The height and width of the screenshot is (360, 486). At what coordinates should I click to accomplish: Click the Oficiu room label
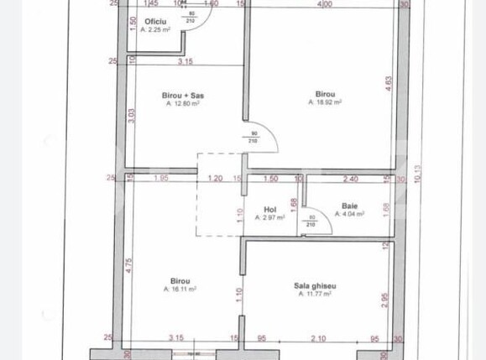(x=154, y=21)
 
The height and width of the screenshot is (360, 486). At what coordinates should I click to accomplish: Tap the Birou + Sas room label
(x=183, y=96)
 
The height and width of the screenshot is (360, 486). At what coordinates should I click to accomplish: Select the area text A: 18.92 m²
(x=324, y=103)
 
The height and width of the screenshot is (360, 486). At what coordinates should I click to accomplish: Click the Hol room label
(x=269, y=209)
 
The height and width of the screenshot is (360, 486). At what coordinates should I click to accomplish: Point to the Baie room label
(x=349, y=206)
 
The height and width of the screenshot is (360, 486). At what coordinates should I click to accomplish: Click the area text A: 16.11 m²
(x=180, y=289)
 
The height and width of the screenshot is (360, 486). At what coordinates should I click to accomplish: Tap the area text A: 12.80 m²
(x=183, y=104)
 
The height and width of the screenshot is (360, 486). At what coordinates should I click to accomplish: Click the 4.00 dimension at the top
(x=323, y=5)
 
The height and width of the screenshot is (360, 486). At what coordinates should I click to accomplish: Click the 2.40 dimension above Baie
(x=351, y=178)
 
